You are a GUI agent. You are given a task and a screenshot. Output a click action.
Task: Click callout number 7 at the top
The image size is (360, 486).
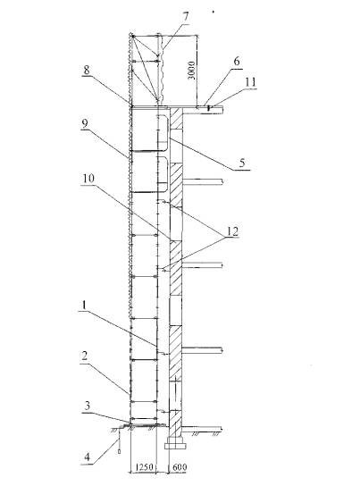(186, 17)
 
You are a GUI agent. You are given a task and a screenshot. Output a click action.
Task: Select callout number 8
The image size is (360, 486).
(87, 70)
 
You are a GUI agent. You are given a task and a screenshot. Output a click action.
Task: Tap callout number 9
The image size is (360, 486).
(85, 123)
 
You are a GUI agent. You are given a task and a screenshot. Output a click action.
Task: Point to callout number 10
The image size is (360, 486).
(88, 179)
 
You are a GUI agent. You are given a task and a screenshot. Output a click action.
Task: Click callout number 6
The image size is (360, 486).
(237, 62)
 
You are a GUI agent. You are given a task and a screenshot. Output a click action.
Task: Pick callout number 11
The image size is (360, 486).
(251, 82)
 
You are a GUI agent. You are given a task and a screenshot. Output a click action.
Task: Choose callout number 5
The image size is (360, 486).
(242, 163)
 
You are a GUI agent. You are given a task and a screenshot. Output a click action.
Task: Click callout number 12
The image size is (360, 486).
(232, 230)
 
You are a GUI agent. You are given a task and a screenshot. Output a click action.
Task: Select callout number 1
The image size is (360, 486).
(83, 306)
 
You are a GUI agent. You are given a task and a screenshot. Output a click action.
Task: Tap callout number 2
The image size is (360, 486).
(85, 356)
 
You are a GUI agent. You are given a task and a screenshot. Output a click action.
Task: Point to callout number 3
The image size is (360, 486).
(88, 406)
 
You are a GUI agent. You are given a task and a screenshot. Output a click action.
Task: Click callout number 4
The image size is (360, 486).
(88, 457)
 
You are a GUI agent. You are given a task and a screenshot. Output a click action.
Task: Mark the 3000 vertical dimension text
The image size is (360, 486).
(192, 71)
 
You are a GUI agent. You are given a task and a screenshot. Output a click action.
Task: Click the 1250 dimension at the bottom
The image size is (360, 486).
(145, 466)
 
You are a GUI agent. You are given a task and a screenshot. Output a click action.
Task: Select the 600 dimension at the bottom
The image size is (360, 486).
(180, 466)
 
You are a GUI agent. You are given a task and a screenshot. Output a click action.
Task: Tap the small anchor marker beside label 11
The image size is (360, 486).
(209, 108)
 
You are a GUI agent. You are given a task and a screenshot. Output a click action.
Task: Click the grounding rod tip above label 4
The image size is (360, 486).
(119, 451)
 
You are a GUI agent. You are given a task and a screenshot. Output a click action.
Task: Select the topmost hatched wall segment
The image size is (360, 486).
(176, 119)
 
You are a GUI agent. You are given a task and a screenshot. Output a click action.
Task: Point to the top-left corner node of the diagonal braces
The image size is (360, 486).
(132, 37)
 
